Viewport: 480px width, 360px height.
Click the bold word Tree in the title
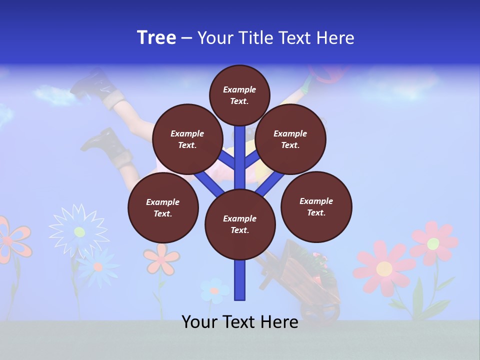pyautogui.click(x=156, y=38)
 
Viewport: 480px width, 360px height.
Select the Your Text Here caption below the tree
pyautogui.click(x=240, y=322)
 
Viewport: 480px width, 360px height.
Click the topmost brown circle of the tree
pyautogui.click(x=239, y=95)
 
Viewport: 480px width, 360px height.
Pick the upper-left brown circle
pyautogui.click(x=187, y=139)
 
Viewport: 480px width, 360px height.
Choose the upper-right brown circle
pyautogui.click(x=290, y=139)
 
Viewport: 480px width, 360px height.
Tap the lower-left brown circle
pyautogui.click(x=163, y=207)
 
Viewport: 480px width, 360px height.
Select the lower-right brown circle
pyautogui.click(x=316, y=206)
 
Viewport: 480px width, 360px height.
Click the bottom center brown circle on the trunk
pyautogui.click(x=240, y=224)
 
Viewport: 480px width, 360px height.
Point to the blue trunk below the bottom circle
pyautogui.click(x=240, y=280)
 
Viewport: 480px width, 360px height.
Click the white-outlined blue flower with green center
pyautogui.click(x=79, y=231)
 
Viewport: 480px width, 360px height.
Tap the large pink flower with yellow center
pyautogui.click(x=384, y=268)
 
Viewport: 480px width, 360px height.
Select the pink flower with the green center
pyautogui.click(x=433, y=243)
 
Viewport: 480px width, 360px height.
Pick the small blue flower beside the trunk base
pyautogui.click(x=214, y=290)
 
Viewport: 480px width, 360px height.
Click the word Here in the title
pyautogui.click(x=337, y=38)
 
